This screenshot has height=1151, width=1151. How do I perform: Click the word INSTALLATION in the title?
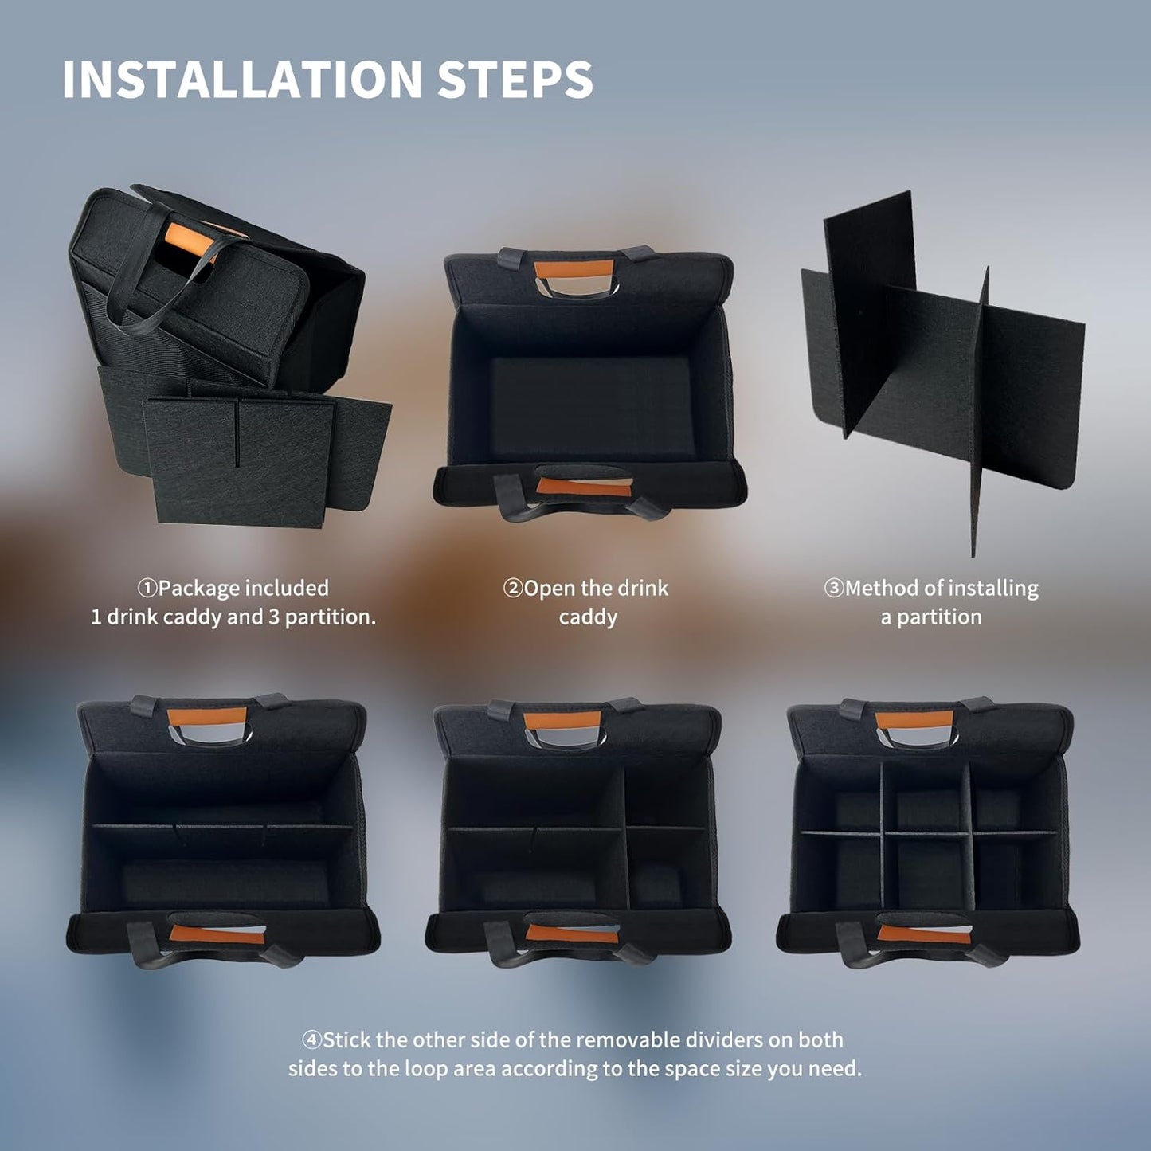point(242,79)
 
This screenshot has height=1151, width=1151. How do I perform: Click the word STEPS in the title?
point(515,79)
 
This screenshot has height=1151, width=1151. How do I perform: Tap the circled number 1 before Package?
point(147,589)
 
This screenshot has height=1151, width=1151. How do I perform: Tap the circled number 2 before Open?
point(512,589)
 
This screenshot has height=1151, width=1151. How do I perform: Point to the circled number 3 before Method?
point(834,589)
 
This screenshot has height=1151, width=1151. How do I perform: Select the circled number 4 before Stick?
point(311,1040)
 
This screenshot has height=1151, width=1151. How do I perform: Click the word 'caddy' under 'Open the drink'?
point(588,618)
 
